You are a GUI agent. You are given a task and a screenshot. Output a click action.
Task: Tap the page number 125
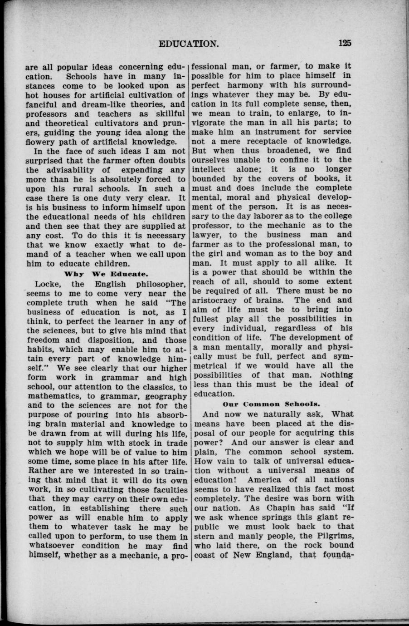point(345,44)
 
